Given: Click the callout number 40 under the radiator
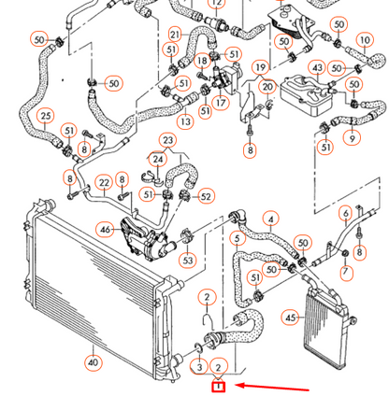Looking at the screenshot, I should pos(93,361).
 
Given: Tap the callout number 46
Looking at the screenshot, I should pos(106,228).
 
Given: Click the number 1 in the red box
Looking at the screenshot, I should pos(218,385).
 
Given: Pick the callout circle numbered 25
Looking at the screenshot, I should pos(45,116).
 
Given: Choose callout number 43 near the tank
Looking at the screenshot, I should pos(318,67).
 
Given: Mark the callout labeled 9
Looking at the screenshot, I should pos(353,139).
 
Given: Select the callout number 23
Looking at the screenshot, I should pos(167,140).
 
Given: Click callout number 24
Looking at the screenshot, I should pos(159,160).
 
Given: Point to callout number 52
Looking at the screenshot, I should pos(206,196).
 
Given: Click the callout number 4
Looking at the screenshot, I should pos(270,221).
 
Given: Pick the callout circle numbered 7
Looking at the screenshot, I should pos(345,272).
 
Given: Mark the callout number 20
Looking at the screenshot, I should pos(267,88).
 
